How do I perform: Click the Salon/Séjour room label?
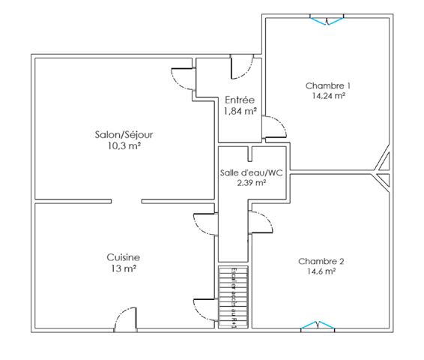pos(124,134)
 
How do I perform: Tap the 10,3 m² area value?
pos(124,145)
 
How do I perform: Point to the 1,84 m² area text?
pos(240,112)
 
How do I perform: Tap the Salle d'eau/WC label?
pos(251,172)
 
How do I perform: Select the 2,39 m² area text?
pos(251,182)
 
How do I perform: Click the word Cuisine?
pos(123,257)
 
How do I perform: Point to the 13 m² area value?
pos(123,268)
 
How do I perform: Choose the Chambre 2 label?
pos(321,261)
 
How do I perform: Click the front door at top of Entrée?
pos(242,68)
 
